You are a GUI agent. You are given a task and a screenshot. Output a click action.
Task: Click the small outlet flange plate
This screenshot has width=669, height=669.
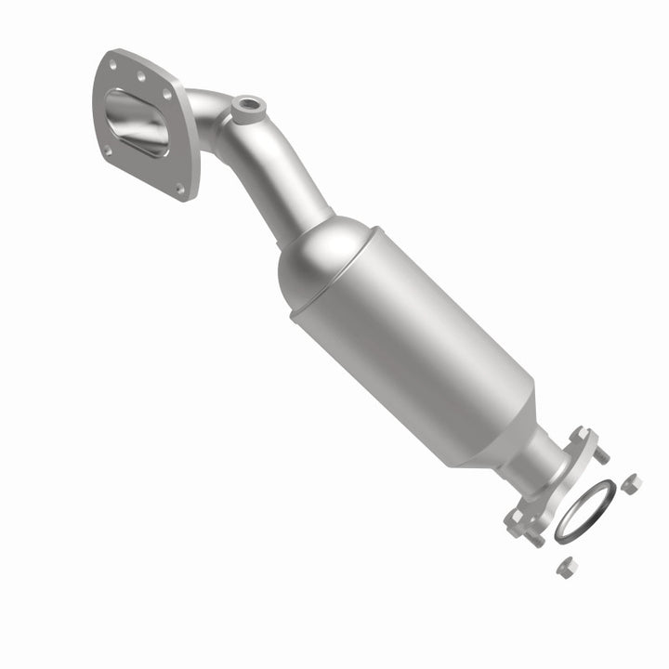tap(557, 483)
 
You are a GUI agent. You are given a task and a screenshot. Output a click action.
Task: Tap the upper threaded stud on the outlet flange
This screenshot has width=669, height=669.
tap(601, 454)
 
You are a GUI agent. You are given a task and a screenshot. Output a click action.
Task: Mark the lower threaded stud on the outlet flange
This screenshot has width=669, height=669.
tap(536, 539)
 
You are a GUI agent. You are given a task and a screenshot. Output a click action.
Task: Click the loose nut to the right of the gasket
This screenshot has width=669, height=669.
tap(631, 483)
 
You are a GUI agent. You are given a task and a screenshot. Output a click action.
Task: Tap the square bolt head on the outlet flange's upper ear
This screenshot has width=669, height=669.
tap(581, 435)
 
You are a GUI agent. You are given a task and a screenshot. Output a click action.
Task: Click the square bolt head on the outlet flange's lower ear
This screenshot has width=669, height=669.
tap(515, 518)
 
